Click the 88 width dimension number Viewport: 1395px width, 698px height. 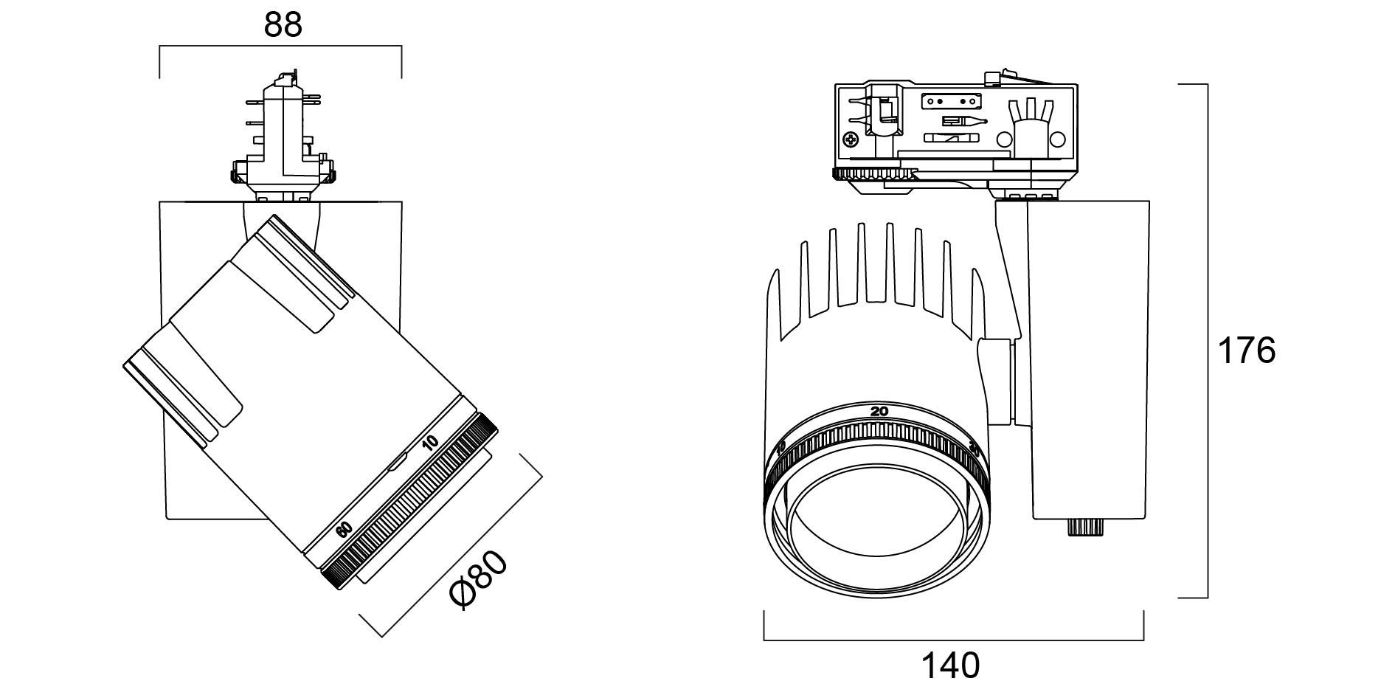click(x=283, y=25)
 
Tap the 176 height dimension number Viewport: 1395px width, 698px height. click(x=1246, y=350)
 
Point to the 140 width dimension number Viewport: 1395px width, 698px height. click(x=951, y=666)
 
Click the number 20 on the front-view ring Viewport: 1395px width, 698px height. click(x=879, y=412)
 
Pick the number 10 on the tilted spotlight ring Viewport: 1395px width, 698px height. click(x=430, y=443)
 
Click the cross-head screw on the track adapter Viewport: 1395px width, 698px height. click(x=851, y=139)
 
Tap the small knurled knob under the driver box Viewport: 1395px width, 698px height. click(x=1084, y=528)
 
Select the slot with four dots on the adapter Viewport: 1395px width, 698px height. click(x=954, y=100)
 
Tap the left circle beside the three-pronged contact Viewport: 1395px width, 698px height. click(x=1003, y=139)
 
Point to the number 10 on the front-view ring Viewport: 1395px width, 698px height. click(x=782, y=449)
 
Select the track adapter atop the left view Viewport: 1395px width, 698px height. click(x=284, y=140)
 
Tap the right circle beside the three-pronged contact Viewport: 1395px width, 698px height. click(x=1058, y=139)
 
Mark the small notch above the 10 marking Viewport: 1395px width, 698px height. click(x=398, y=463)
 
